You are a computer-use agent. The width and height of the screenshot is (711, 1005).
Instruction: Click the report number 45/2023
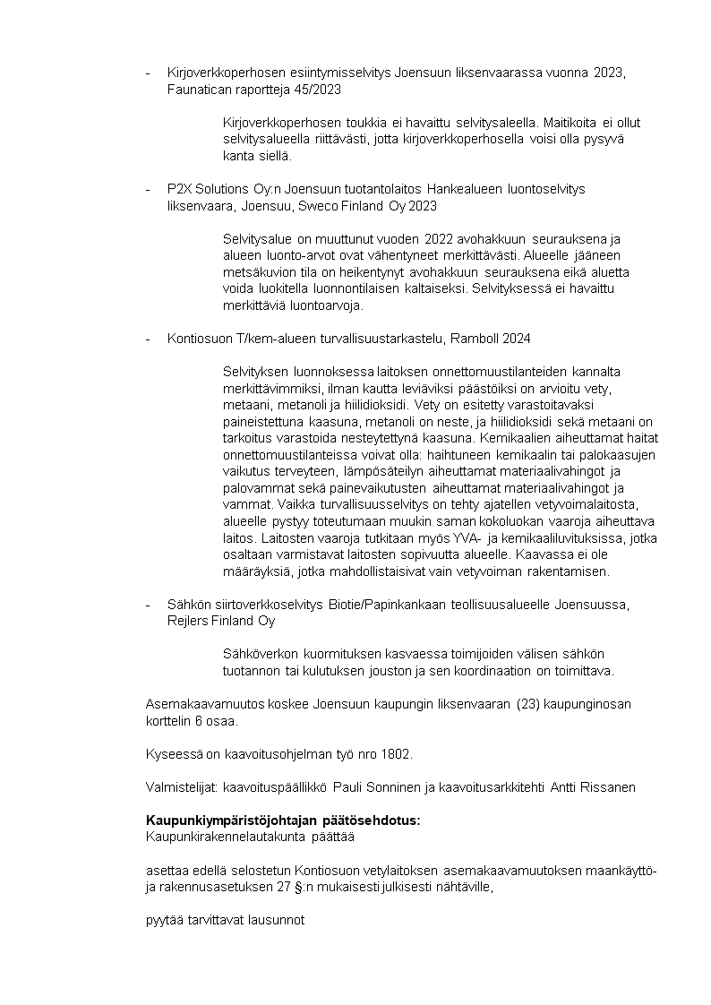[x=318, y=90]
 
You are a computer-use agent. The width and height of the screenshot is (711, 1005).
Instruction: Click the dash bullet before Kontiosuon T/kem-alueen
[x=149, y=339]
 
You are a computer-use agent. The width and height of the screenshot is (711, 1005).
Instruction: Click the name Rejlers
[x=187, y=621]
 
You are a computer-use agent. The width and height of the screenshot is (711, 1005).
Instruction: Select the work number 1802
[x=396, y=754]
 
